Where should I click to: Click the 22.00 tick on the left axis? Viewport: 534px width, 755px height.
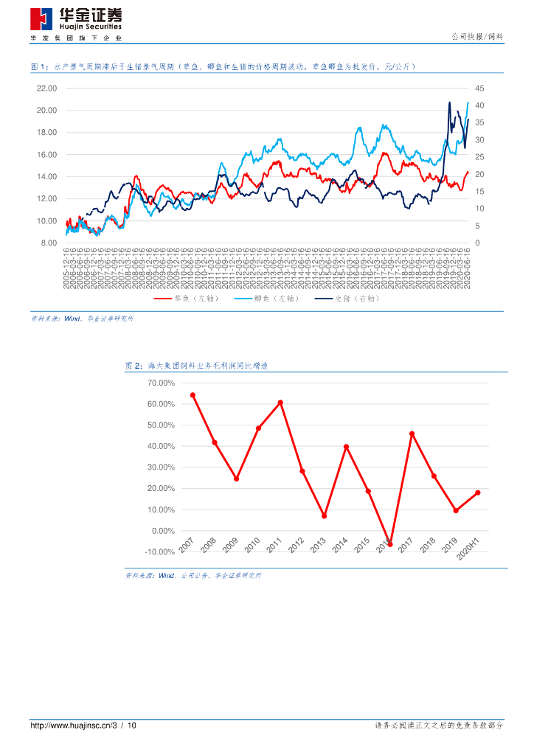(46, 88)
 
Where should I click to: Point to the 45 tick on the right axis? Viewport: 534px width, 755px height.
(479, 88)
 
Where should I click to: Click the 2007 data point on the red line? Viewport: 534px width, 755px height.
(193, 395)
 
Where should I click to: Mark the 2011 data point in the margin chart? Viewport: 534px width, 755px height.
(280, 403)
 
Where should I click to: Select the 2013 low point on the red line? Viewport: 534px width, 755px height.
(324, 516)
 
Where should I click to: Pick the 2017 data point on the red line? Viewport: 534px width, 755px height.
(412, 434)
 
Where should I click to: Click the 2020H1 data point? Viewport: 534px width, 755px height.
(478, 493)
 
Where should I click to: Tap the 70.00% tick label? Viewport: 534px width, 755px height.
(161, 383)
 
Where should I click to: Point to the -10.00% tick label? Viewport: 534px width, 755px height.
(159, 552)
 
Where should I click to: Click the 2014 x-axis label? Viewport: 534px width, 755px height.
(339, 546)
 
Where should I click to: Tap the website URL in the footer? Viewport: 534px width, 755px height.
(72, 726)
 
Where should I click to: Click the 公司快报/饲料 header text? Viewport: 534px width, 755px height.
(476, 37)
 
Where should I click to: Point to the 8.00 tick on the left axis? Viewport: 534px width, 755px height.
(48, 243)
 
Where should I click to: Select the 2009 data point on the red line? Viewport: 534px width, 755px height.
(236, 479)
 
